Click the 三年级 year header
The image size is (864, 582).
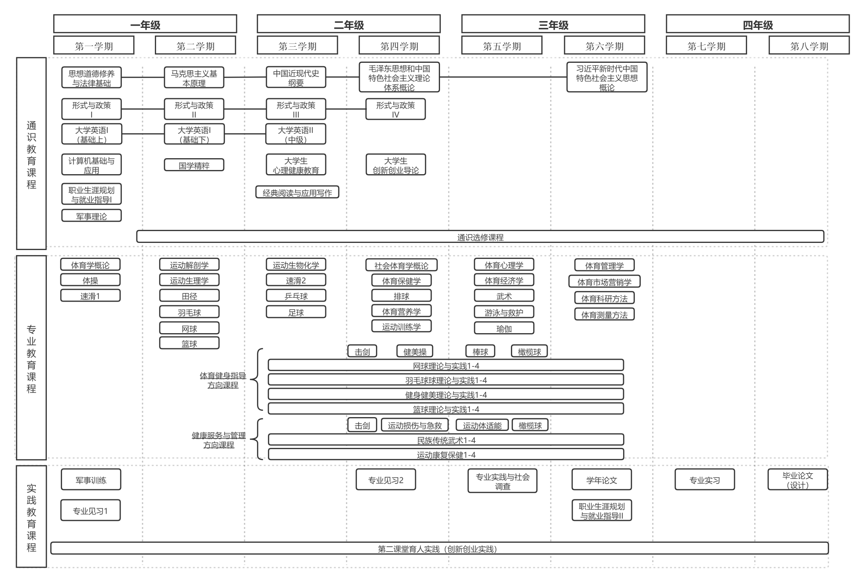point(553,24)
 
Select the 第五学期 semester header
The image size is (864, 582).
point(502,46)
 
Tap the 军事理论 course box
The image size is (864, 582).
point(92,216)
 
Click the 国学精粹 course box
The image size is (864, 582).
point(194,165)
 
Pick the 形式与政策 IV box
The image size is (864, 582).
point(395,109)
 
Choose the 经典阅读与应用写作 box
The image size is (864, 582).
point(297,192)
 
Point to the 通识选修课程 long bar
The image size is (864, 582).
point(480,237)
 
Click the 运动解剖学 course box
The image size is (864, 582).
point(189,265)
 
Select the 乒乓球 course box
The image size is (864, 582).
point(296,296)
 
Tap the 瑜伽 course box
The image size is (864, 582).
point(504,328)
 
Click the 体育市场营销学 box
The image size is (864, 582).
point(604,282)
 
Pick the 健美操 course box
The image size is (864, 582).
point(415,351)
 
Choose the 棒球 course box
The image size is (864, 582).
point(480,351)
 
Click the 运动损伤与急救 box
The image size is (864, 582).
point(415,425)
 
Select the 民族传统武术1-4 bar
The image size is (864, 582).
point(446,440)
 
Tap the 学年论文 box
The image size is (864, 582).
point(602,480)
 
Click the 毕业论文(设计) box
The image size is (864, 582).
point(797,480)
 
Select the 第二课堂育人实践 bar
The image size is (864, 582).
point(439,548)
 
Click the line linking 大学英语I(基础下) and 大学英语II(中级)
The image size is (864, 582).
point(245,134)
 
